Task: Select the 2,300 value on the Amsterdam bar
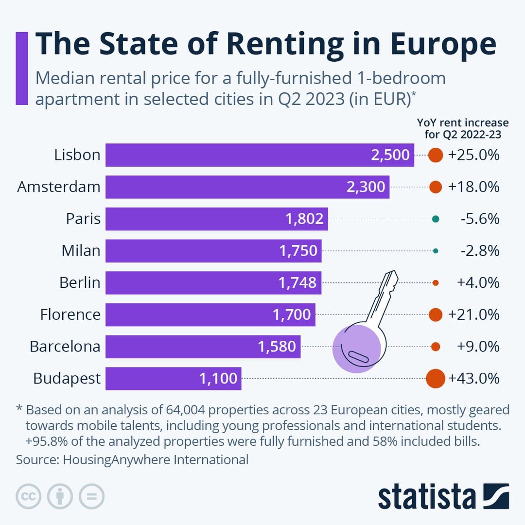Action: pyautogui.click(x=366, y=187)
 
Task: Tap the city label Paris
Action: pyautogui.click(x=83, y=219)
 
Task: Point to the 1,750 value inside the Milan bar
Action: pyautogui.click(x=298, y=251)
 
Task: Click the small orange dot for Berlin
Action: pyautogui.click(x=436, y=283)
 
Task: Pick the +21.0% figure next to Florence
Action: pyautogui.click(x=474, y=315)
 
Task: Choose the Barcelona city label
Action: pyautogui.click(x=65, y=347)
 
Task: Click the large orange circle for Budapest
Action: pyautogui.click(x=436, y=379)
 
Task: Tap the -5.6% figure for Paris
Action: pyautogui.click(x=480, y=219)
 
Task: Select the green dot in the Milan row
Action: pyautogui.click(x=436, y=251)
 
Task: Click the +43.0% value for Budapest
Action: pyautogui.click(x=474, y=379)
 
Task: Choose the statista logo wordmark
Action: pyautogui.click(x=427, y=497)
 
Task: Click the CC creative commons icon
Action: pyautogui.click(x=29, y=496)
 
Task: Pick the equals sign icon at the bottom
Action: pyautogui.click(x=91, y=496)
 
